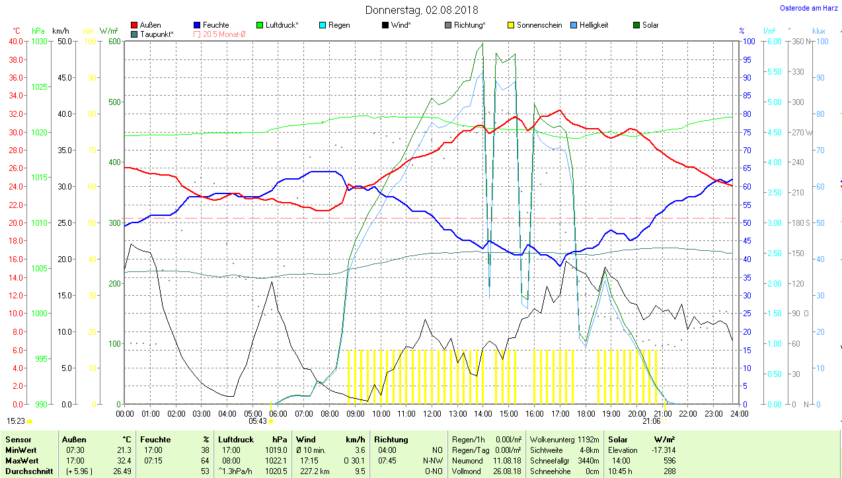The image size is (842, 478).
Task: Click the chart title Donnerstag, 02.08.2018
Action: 422,10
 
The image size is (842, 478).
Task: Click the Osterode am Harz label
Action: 810,8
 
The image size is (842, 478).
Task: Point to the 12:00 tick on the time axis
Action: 432,413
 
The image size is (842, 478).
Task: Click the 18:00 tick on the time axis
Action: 586,413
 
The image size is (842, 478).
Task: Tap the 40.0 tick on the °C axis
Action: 15,41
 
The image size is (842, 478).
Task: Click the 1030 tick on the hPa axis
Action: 39,41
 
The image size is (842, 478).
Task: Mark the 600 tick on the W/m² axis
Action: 114,41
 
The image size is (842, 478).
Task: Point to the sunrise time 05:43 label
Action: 258,421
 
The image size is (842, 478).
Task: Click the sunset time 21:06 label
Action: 651,421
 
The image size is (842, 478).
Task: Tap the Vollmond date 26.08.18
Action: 507,471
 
